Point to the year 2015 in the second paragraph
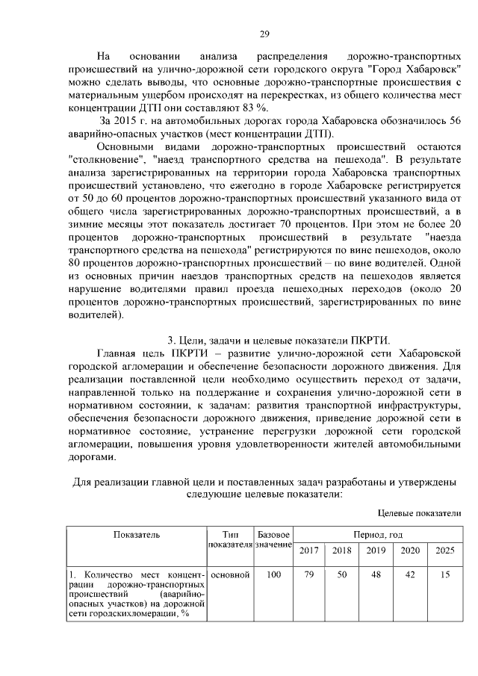[128, 121]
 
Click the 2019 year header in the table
[376, 551]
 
